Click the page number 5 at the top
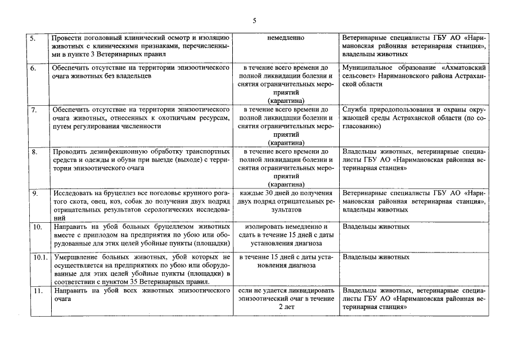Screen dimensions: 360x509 (254, 21)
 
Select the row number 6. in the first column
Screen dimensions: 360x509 (33, 67)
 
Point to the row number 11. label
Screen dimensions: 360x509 (34, 290)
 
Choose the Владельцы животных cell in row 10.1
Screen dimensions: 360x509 (376, 257)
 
